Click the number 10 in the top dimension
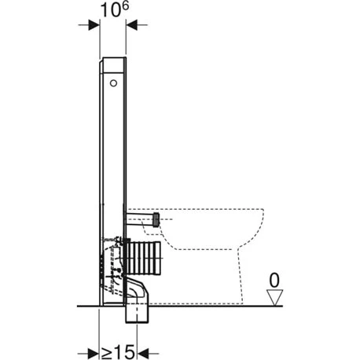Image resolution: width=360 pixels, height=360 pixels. point(111,11)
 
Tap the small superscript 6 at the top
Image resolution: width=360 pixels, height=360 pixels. point(126,6)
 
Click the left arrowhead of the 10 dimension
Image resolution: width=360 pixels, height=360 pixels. point(94,25)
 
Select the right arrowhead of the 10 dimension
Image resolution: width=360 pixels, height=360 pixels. point(132,25)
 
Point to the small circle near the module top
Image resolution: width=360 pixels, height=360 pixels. point(113,83)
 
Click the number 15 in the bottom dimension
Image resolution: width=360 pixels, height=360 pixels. point(125,352)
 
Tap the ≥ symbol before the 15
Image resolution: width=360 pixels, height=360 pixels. point(107,353)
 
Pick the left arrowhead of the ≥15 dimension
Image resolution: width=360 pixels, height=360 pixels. point(93,354)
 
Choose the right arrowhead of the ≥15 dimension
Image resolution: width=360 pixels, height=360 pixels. point(143,354)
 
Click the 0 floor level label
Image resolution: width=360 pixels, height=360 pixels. point(274,281)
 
